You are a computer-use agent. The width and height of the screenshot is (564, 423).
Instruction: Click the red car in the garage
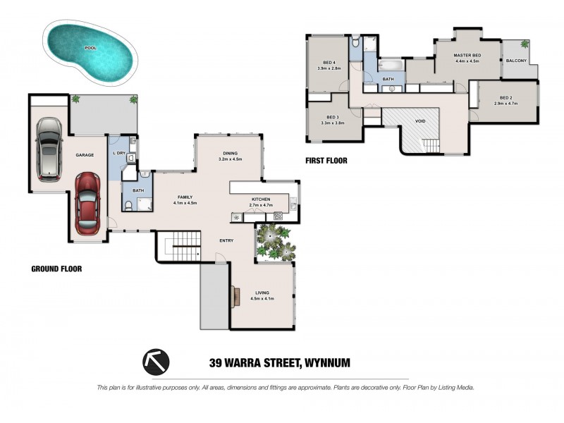[x=87, y=204]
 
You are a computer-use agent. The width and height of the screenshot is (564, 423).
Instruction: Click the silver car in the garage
[x=49, y=149]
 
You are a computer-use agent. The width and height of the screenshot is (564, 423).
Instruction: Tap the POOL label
[x=91, y=48]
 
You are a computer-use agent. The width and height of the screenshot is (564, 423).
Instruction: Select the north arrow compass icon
[x=156, y=362]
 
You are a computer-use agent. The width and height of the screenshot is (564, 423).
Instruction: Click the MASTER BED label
[x=467, y=56]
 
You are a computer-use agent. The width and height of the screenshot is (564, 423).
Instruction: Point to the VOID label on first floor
[x=420, y=121]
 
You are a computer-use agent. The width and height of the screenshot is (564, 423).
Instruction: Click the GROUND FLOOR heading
[x=56, y=269]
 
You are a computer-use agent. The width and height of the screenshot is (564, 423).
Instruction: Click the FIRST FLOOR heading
[x=326, y=161]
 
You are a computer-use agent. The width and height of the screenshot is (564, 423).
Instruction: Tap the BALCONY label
[x=516, y=61]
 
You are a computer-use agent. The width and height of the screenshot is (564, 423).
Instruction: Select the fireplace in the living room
[x=235, y=296]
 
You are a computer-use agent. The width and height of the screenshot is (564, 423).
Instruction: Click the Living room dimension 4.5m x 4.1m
[x=262, y=298]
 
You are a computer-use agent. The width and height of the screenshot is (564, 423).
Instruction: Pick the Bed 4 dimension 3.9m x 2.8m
[x=329, y=68]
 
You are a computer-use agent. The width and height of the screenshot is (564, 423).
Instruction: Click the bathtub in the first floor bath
[x=391, y=66]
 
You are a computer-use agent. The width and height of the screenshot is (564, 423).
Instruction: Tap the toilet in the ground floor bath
[x=128, y=205]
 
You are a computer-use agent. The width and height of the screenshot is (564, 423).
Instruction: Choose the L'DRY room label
[x=119, y=153]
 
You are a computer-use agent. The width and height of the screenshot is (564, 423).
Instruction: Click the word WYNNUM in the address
[x=327, y=363]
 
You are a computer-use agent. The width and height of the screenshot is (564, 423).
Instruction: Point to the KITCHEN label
[x=261, y=200]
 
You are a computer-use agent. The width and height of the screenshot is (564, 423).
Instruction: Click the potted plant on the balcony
[x=525, y=44]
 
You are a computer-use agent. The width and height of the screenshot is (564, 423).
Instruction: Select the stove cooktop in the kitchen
[x=278, y=216]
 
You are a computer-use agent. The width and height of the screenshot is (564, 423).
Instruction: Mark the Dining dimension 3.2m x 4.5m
[x=231, y=159]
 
